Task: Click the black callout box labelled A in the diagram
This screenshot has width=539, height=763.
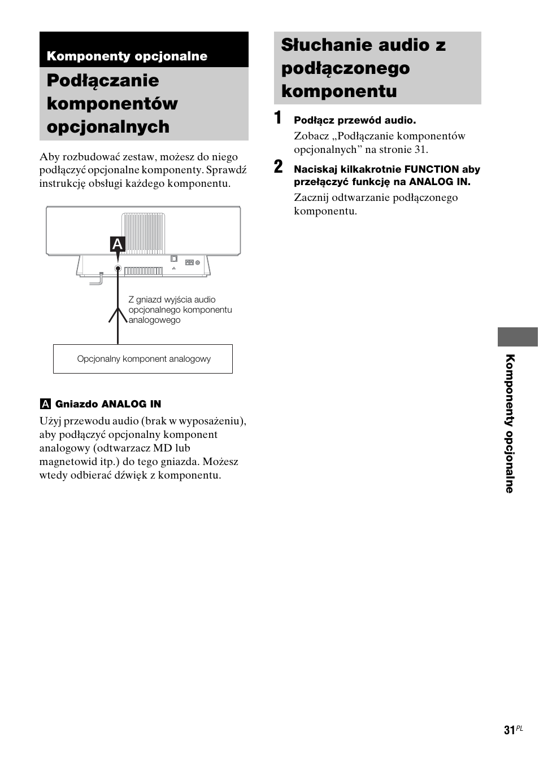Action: tap(118, 244)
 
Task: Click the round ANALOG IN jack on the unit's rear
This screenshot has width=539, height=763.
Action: tap(118, 269)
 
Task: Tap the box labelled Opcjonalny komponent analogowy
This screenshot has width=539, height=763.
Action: tap(143, 359)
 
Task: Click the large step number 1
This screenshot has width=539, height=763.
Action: tap(278, 119)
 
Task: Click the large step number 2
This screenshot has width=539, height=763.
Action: tap(279, 167)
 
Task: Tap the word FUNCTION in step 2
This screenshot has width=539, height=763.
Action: tap(431, 169)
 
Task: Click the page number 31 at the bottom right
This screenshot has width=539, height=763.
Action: tap(509, 730)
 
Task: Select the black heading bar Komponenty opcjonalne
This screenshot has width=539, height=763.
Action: tap(144, 56)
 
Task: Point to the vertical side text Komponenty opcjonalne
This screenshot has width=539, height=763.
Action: tap(510, 423)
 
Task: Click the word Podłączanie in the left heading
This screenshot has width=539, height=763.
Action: tap(103, 81)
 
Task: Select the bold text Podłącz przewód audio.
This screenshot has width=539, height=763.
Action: tap(354, 120)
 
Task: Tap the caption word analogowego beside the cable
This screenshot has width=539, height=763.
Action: tap(154, 320)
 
